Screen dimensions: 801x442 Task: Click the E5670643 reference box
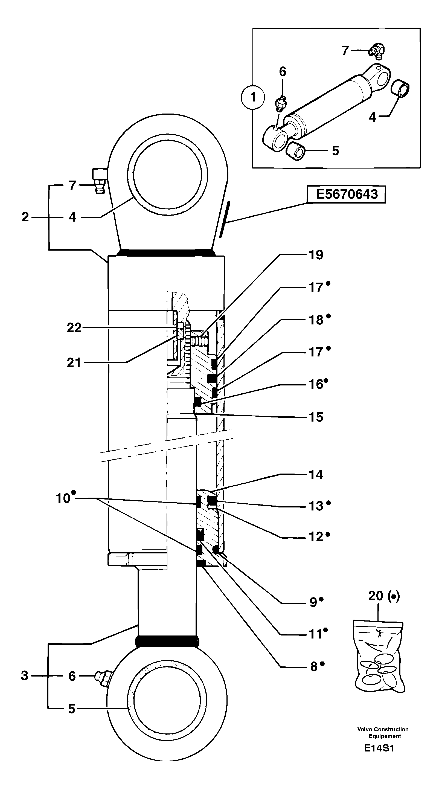coord(346,194)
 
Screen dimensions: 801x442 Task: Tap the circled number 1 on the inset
coord(253,97)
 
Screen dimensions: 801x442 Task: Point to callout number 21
coord(74,362)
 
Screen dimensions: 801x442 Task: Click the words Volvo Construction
coord(383,729)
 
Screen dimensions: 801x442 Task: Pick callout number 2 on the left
coord(25,217)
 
